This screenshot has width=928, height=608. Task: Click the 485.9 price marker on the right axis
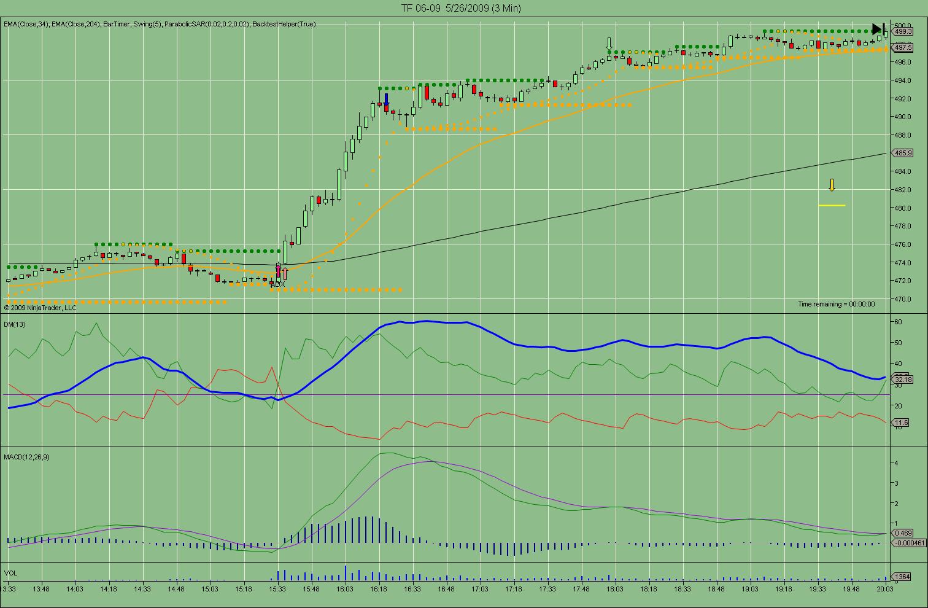tap(903, 153)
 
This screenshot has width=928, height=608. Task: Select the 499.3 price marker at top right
tap(903, 31)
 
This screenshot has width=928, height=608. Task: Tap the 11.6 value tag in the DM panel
tap(902, 423)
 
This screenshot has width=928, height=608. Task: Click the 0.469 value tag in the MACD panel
tap(903, 534)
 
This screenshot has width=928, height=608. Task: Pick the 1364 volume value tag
tap(902, 577)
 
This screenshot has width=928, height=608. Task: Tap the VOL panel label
tap(10, 573)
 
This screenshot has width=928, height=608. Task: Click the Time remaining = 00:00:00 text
tap(836, 304)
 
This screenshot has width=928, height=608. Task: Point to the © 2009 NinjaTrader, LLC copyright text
tap(40, 308)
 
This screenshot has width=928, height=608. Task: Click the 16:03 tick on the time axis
tap(345, 589)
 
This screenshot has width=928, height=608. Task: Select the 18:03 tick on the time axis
tap(615, 589)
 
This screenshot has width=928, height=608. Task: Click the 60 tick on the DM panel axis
tap(897, 322)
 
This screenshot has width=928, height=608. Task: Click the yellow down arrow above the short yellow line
tap(832, 185)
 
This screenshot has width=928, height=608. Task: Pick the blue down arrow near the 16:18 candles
tap(387, 99)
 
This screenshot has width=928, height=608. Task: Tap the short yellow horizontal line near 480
tap(832, 205)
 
